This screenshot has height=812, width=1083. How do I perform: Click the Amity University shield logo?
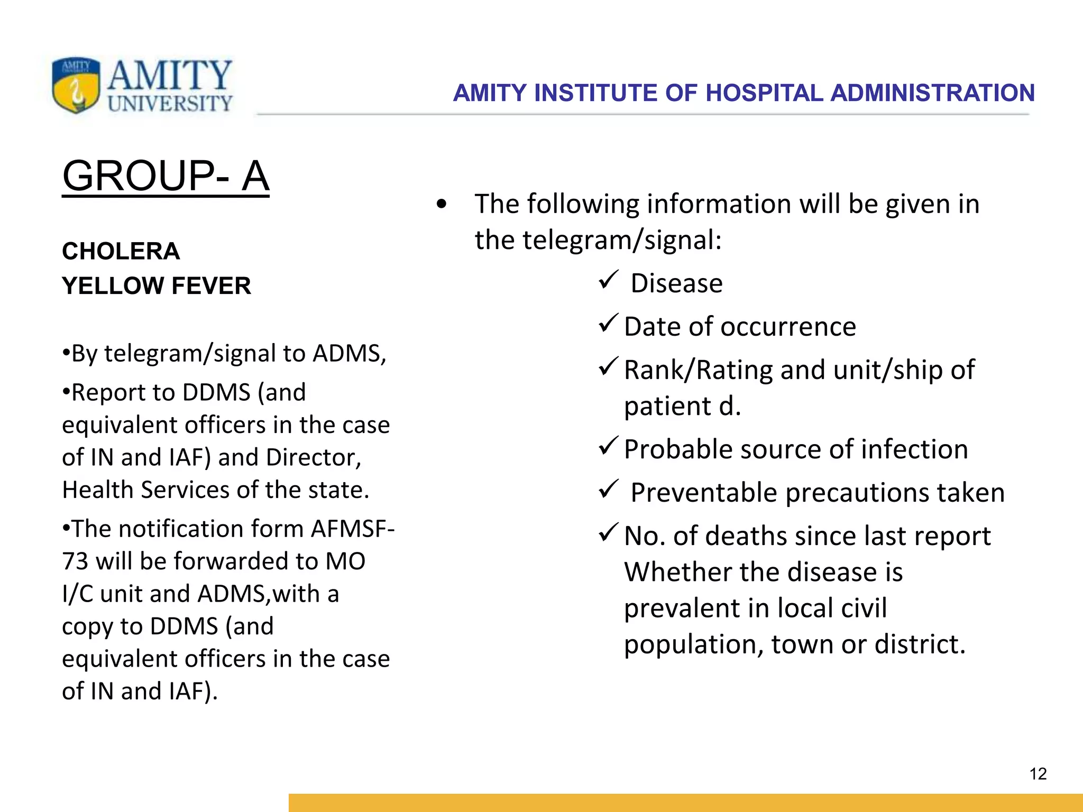(x=76, y=85)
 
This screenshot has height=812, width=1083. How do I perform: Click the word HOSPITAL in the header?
(x=764, y=93)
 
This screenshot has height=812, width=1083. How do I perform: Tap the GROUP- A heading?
(x=166, y=176)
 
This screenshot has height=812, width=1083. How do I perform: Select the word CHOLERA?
(x=121, y=251)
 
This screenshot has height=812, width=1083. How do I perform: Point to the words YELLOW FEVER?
(x=157, y=286)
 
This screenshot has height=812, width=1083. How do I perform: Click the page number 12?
(x=1038, y=774)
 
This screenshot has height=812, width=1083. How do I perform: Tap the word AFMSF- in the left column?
(x=353, y=529)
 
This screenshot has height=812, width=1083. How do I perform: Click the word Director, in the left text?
(x=314, y=457)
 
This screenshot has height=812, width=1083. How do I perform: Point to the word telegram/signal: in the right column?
(x=622, y=240)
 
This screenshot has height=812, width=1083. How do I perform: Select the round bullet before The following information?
(x=442, y=204)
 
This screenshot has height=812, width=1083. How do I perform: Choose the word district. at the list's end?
(x=920, y=644)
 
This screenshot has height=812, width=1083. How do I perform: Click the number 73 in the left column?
(x=75, y=561)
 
